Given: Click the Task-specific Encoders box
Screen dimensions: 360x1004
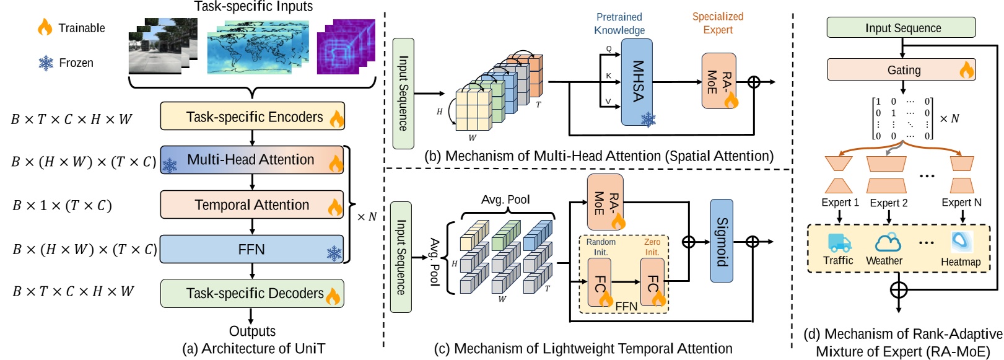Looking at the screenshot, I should pos(252,116).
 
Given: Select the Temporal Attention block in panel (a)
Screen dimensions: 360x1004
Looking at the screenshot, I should pos(251,205).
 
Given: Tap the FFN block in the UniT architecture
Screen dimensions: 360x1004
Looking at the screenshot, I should pos(251,249).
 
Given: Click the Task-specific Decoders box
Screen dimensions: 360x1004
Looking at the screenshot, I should pos(252,293).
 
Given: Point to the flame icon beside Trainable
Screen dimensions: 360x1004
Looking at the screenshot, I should pos(45,27).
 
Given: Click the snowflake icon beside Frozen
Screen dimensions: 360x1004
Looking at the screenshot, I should pos(46,63).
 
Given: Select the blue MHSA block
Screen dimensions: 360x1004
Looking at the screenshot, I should pos(637,81).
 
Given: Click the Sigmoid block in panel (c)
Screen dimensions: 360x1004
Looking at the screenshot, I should pos(722,241).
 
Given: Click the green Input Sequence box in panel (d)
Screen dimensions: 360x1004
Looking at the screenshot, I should pos(901,28).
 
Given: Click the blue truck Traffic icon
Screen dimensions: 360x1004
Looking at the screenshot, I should pos(839,242).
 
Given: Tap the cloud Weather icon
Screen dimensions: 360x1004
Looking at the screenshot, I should pos(887,242).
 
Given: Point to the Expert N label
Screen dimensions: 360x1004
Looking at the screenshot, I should pos(961,203).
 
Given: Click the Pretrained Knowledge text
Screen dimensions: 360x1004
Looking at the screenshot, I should pos(619,24).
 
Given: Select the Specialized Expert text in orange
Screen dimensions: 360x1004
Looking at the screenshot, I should pos(717,23).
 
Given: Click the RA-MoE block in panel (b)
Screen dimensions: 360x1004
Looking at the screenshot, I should pos(718,81).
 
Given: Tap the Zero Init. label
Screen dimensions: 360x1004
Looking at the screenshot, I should pos(652,247).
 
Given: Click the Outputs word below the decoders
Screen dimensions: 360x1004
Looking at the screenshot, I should pos(252,331).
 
